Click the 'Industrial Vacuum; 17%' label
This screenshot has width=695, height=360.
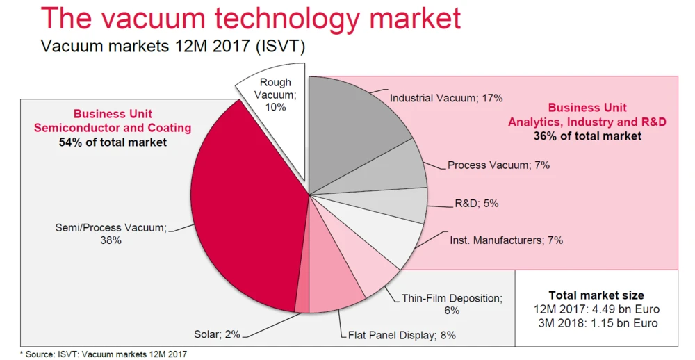pyautogui.click(x=445, y=98)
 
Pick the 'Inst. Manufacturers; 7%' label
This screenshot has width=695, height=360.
pyautogui.click(x=501, y=240)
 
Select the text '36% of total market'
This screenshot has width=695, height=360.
pyautogui.click(x=587, y=136)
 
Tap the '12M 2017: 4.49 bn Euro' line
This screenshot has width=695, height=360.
pyautogui.click(x=596, y=309)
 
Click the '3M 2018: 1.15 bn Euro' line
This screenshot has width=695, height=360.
pyautogui.click(x=596, y=323)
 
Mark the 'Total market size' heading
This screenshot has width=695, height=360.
pyautogui.click(x=596, y=295)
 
